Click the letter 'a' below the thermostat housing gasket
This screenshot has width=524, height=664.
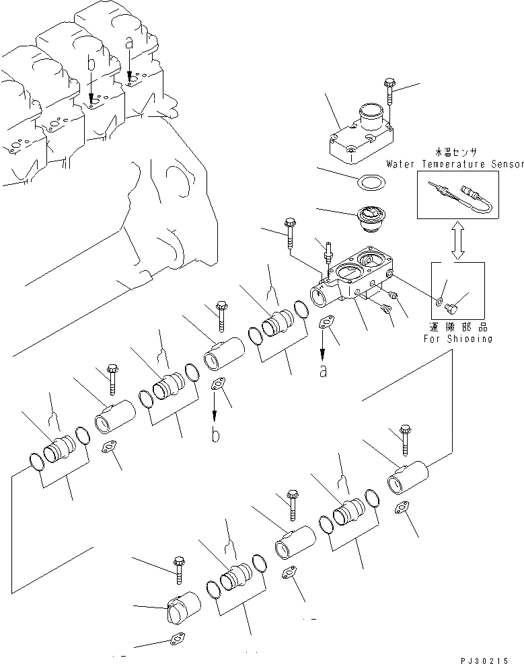[323, 371]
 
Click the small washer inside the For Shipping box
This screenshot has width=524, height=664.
[439, 301]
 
